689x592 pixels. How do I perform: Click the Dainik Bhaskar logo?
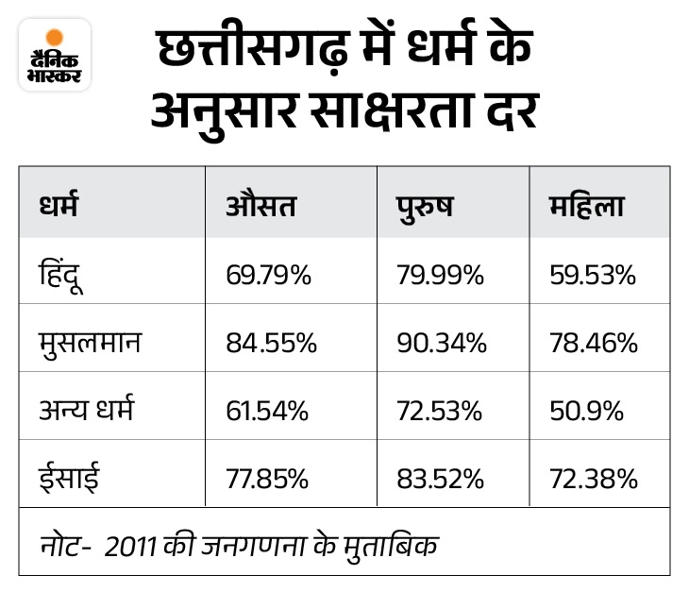[55, 55]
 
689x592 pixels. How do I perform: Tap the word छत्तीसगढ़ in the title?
[254, 48]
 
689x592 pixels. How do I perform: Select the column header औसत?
[261, 206]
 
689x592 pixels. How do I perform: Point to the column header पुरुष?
[425, 208]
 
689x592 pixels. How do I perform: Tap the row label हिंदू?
[60, 275]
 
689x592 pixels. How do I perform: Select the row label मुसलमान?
[90, 343]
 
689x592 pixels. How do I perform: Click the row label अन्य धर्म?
[86, 409]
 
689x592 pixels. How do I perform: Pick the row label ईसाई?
[69, 477]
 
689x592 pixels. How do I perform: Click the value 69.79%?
[268, 275]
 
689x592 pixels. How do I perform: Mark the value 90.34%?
[442, 343]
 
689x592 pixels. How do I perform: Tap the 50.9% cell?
[587, 411]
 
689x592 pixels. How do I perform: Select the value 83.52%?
[440, 479]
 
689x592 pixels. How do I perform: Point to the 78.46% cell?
[594, 343]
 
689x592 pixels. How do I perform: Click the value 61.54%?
[267, 411]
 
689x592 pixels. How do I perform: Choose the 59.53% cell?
[593, 275]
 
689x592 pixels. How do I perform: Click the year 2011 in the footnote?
[130, 548]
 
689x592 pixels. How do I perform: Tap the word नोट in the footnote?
[61, 546]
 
